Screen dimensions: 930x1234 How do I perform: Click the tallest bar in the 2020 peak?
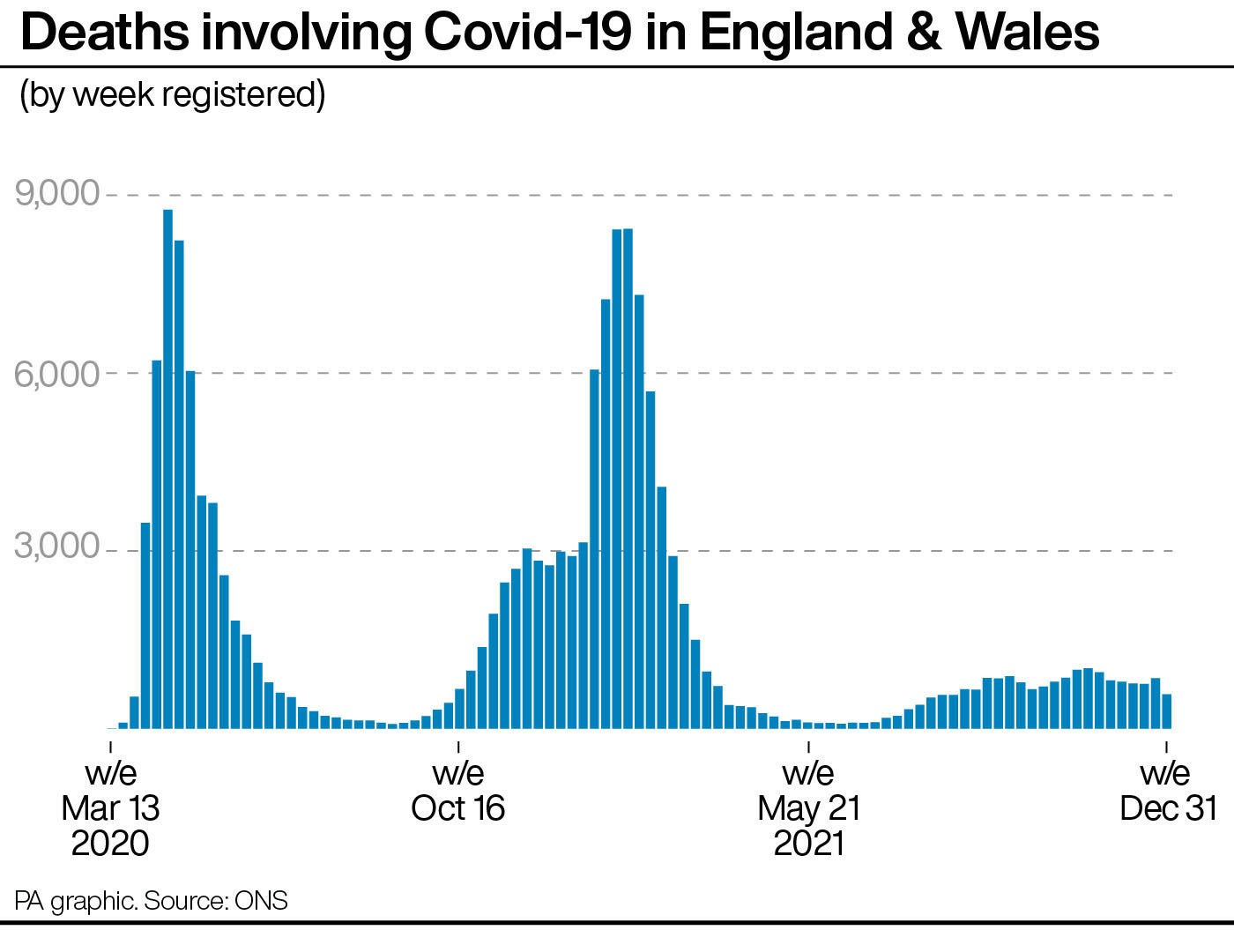coord(167,467)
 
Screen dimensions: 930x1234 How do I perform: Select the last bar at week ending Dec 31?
coord(1166,711)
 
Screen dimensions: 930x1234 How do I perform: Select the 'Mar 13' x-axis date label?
coord(110,808)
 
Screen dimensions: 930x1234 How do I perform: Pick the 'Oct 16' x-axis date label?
coord(458,808)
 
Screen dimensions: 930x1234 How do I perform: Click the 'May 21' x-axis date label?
coord(808,808)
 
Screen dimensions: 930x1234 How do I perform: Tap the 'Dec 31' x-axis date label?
coord(1167,808)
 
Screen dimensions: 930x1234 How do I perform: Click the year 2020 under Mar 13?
coord(110,843)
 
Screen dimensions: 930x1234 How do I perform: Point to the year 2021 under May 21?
coord(808,843)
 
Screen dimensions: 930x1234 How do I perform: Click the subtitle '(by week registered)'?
coord(173,94)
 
